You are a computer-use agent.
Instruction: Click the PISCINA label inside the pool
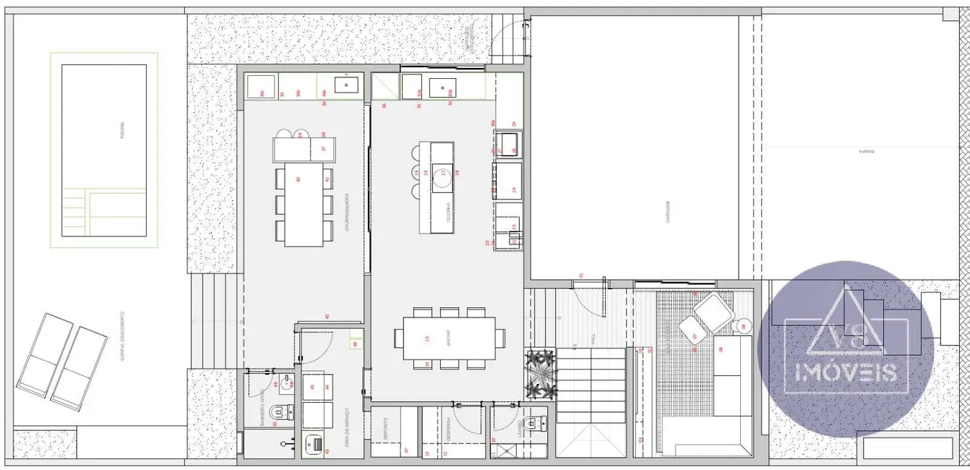pos(124,131)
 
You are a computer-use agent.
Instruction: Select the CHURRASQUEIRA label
pos(347,211)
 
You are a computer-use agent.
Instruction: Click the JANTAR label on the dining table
pos(447,338)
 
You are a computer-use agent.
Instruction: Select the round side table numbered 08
pos(744,326)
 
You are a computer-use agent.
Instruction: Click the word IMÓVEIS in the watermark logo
pos(846,372)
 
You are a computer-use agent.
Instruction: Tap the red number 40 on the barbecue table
pos(299,179)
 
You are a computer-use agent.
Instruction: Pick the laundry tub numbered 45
pos(314,443)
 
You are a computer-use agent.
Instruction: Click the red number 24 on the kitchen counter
pos(514,190)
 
